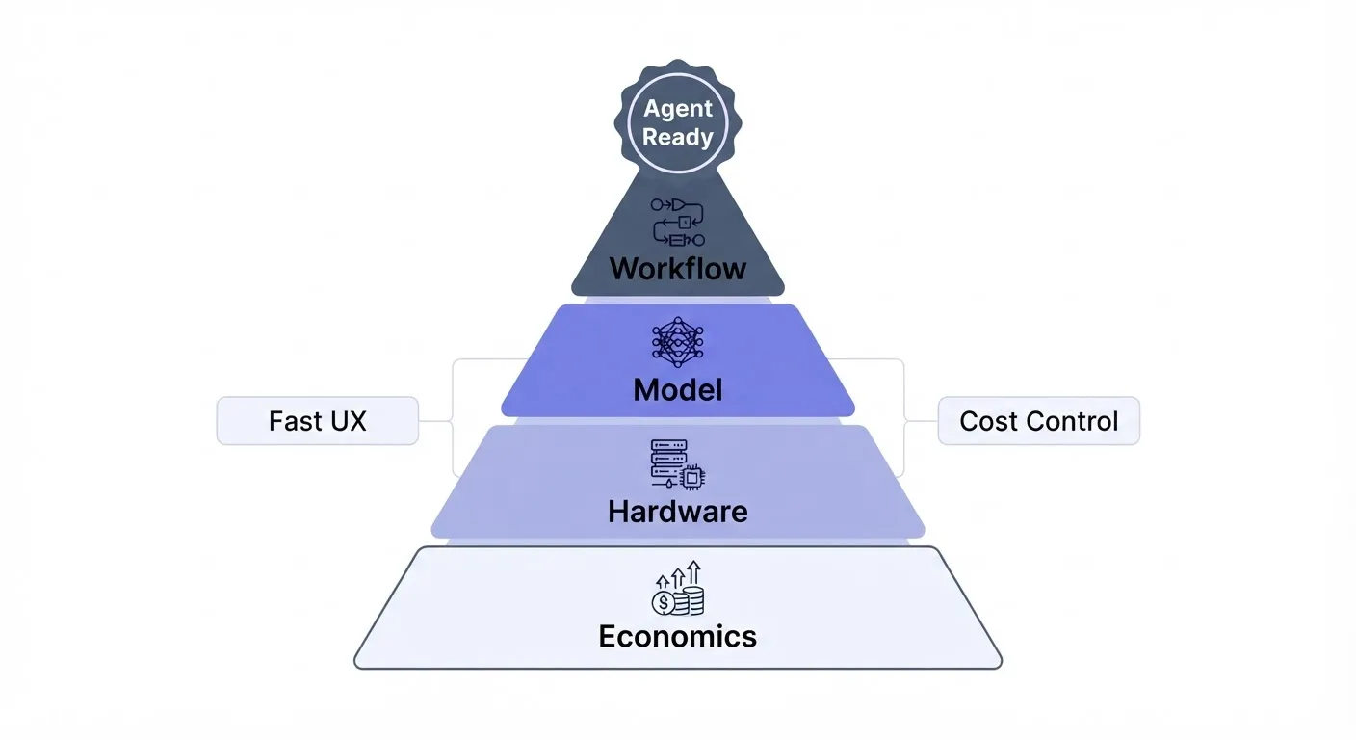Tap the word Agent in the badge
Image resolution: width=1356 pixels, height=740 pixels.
(678, 108)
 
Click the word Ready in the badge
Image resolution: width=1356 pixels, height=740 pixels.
(678, 137)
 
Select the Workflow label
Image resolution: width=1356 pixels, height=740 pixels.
(678, 268)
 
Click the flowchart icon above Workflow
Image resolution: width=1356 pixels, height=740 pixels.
(678, 223)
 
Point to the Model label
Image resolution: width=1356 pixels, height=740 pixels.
(678, 389)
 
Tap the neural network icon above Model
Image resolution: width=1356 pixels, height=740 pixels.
(678, 342)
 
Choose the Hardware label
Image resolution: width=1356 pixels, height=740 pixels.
(678, 512)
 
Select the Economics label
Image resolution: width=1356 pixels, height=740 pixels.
(678, 637)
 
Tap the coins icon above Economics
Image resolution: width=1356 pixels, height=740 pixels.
(678, 588)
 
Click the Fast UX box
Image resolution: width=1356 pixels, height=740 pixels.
(318, 421)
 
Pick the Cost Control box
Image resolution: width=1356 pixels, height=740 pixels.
(1039, 421)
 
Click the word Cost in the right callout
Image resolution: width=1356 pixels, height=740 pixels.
(988, 421)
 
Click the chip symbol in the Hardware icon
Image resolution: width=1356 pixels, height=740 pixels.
(692, 478)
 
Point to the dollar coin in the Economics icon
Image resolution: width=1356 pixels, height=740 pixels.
(665, 603)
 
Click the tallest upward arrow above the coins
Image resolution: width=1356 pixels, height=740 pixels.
(693, 572)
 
